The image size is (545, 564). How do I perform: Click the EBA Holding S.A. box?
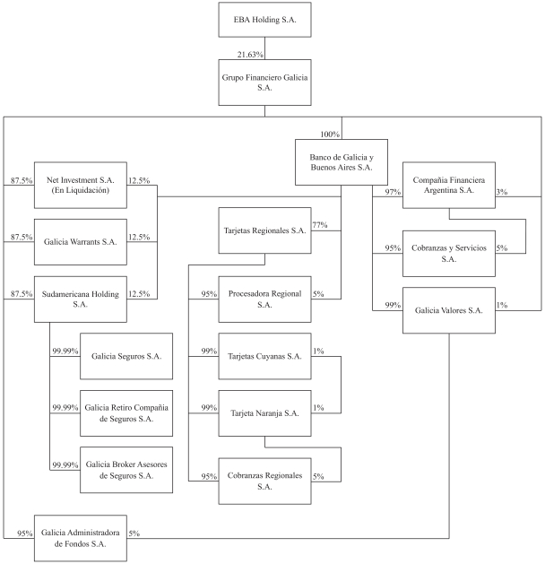pos(264,19)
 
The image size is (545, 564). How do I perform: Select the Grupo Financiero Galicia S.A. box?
pos(264,83)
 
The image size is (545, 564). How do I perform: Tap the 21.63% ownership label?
pos(250,56)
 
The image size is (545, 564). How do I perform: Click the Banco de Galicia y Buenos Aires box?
pos(341,161)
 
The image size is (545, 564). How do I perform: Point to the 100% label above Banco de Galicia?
pos(330,134)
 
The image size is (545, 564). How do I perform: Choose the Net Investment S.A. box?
pos(81,185)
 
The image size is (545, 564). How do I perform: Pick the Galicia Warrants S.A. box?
pos(81,241)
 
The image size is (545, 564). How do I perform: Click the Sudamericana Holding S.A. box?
pos(81,298)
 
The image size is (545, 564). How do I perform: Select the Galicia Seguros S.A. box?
pos(126,356)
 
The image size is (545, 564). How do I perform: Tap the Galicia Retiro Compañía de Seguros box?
pos(126,412)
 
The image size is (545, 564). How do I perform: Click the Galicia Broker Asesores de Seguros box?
pos(126,469)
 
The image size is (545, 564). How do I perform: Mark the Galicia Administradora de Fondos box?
pos(81,537)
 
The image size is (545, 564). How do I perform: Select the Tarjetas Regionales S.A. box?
pos(264,230)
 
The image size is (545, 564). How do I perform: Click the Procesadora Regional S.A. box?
pos(264,299)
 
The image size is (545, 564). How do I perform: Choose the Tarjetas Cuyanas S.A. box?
pos(264,355)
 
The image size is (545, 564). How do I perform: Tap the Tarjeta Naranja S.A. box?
pos(264,412)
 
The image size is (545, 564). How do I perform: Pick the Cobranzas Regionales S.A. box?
pos(264,480)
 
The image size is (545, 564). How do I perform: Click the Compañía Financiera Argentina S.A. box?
pos(448,185)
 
